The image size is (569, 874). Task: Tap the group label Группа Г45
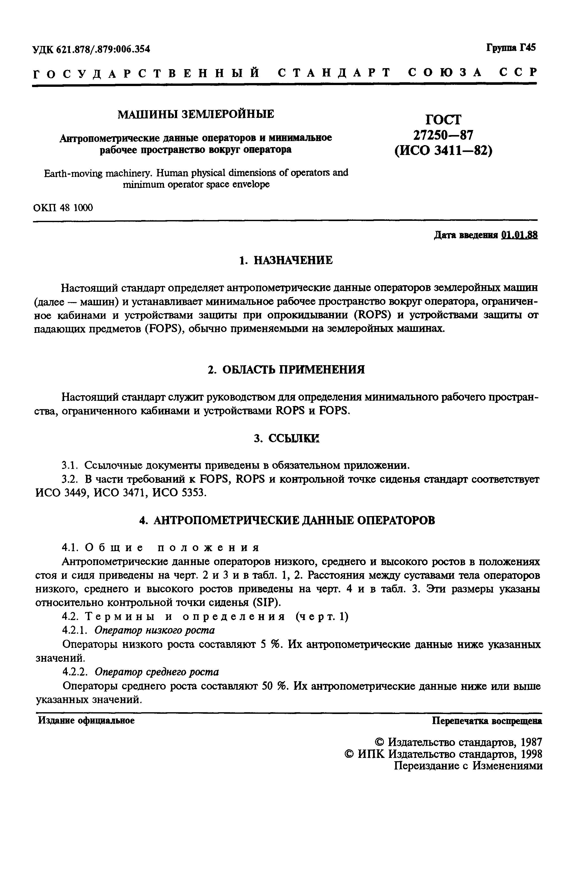coord(511,48)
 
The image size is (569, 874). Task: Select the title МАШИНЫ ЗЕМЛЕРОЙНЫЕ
coord(196,114)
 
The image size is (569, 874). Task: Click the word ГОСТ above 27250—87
coord(443,120)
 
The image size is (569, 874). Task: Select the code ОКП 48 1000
coord(63,208)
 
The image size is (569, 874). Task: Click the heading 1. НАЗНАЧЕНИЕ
coord(286,261)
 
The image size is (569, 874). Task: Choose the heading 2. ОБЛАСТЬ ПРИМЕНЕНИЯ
coord(286,369)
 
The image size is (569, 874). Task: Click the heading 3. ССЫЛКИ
coord(286,438)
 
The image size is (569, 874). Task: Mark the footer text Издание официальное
coord(87,721)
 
